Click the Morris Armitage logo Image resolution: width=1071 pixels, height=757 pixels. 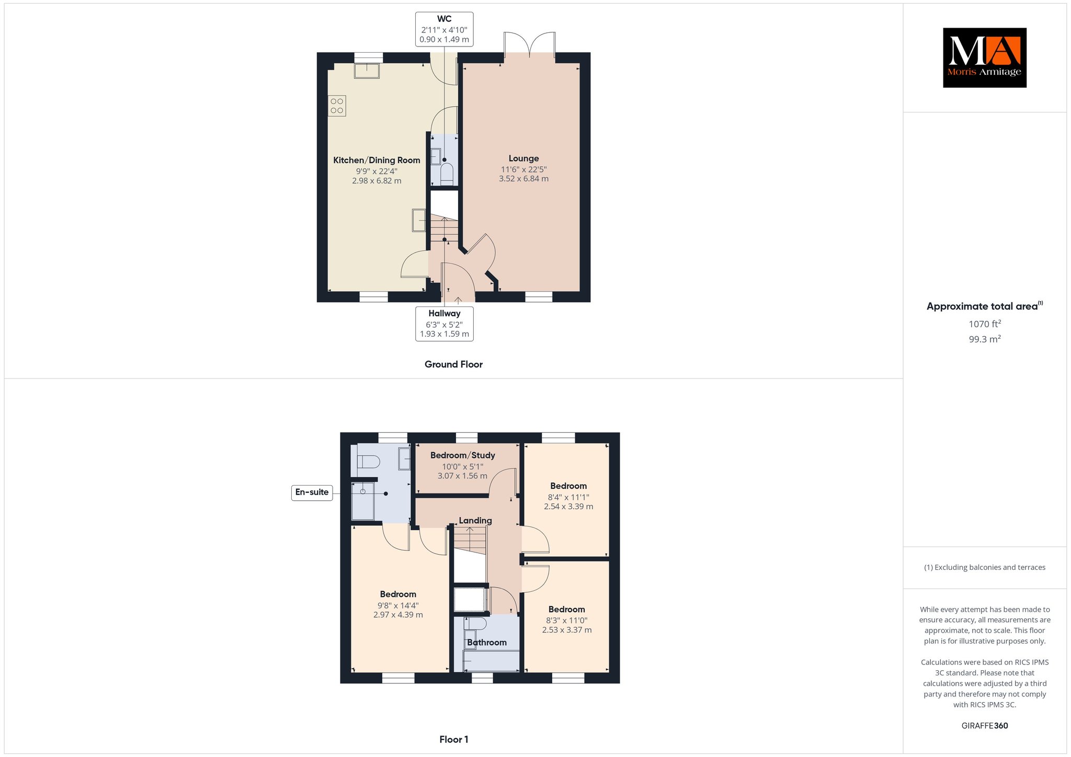[x=984, y=58]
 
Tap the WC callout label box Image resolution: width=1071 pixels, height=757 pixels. [x=445, y=29]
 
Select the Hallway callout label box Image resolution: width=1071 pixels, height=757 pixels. [x=445, y=324]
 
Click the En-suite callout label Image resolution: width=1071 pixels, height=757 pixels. [x=312, y=492]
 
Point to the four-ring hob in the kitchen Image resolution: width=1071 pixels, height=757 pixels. [x=337, y=106]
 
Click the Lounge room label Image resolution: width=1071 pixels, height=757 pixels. [x=523, y=158]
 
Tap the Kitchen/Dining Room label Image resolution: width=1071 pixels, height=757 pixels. [x=377, y=160]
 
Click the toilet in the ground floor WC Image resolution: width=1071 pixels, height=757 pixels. [x=447, y=174]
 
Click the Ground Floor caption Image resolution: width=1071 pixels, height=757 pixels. [x=453, y=364]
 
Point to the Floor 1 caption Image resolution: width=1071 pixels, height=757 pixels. [x=454, y=739]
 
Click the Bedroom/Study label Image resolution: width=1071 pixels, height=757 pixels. [x=462, y=455]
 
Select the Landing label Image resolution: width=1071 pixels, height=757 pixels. [x=475, y=521]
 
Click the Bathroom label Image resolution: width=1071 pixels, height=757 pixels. [x=487, y=643]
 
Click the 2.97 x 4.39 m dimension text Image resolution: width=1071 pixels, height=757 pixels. [x=398, y=615]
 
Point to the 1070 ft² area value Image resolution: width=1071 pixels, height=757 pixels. [x=985, y=324]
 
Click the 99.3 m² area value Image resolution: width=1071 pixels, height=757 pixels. [x=985, y=339]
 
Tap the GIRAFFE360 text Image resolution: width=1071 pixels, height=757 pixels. [x=985, y=726]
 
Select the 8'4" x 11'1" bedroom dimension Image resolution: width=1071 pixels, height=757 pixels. [x=568, y=497]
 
